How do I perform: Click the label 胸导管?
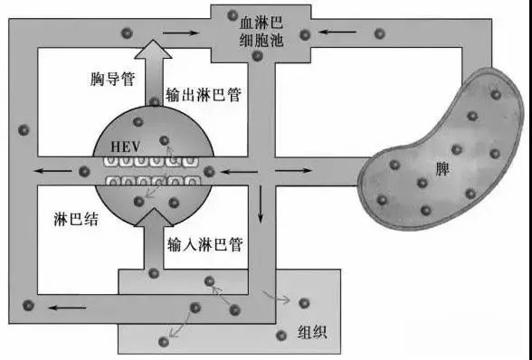(113, 79)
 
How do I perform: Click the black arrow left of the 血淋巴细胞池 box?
(181, 33)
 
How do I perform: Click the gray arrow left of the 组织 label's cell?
(275, 296)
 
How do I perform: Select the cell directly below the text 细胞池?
(259, 57)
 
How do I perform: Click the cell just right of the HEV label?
(164, 140)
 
